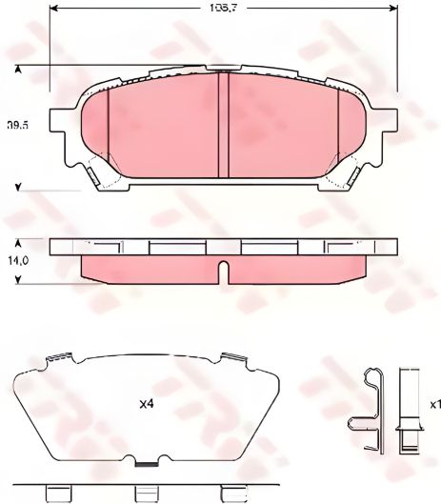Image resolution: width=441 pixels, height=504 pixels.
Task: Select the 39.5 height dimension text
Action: (x=16, y=125)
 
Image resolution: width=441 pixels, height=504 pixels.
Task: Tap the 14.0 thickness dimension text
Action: (x=16, y=258)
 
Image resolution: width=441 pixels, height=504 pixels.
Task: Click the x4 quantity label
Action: (x=147, y=405)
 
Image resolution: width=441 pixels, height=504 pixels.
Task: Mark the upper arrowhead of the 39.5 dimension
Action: (x=19, y=68)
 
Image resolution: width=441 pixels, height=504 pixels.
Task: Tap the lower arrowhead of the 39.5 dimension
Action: (x=19, y=187)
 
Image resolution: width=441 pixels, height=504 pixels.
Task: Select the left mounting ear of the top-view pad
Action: (x=62, y=124)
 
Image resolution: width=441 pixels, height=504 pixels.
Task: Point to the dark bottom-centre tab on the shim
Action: (x=148, y=464)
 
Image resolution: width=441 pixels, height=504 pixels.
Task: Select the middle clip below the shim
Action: (x=146, y=494)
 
